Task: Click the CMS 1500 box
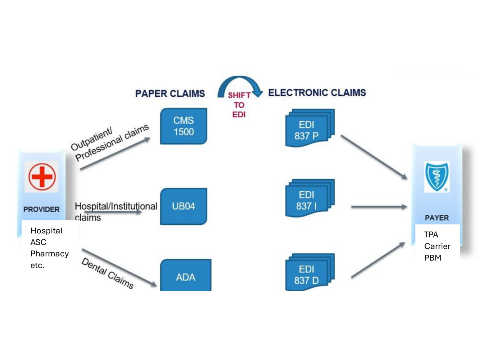(184, 126)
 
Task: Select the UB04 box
(184, 206)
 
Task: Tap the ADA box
(186, 276)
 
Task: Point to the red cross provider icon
(42, 177)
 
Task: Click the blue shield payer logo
(436, 177)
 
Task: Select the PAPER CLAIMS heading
(170, 94)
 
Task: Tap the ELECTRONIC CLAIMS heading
(317, 93)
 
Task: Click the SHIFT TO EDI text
(239, 105)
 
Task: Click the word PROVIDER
(41, 209)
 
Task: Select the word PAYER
(436, 218)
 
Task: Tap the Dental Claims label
(107, 273)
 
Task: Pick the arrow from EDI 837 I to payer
(378, 207)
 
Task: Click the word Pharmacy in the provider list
(49, 254)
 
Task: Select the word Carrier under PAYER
(437, 246)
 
